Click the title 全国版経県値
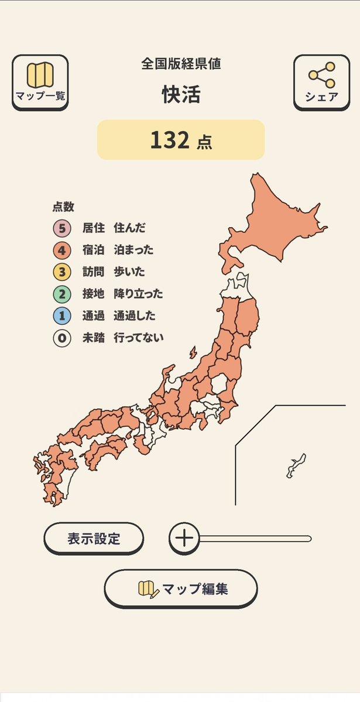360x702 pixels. tap(181, 64)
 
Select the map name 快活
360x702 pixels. tap(181, 95)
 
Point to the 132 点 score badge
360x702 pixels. tap(181, 140)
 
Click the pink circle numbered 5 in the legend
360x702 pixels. tap(61, 228)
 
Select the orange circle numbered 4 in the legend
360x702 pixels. tap(61, 250)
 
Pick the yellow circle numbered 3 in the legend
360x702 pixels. tap(61, 272)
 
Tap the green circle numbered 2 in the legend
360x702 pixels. tap(61, 294)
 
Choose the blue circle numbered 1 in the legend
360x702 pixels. tap(61, 316)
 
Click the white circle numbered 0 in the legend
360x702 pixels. tap(61, 338)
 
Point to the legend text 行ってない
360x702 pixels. tap(139, 338)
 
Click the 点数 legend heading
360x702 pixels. tap(63, 207)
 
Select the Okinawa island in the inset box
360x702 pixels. tap(296, 465)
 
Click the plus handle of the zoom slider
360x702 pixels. tap(184, 538)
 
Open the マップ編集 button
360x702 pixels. tap(181, 588)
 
